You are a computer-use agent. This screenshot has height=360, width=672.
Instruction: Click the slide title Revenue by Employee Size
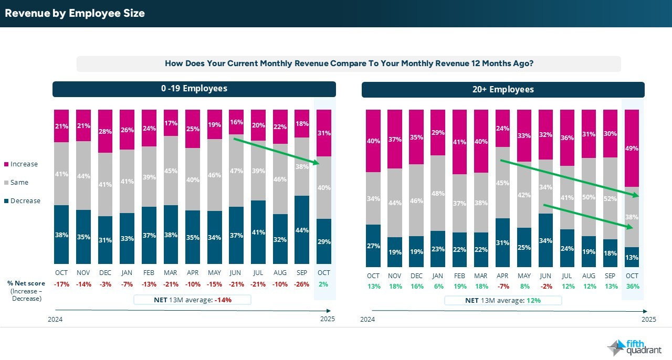[75, 14]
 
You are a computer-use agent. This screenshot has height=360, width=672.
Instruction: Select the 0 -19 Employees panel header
[194, 89]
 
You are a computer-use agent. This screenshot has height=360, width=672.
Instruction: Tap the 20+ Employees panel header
[502, 90]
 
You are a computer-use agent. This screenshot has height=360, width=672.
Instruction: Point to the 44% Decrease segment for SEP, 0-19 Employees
[302, 230]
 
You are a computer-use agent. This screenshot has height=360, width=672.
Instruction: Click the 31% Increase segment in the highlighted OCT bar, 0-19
[324, 133]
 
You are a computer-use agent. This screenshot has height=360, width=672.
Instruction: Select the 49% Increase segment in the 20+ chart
[632, 149]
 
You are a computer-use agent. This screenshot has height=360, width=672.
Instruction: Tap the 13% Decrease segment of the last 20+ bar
[632, 257]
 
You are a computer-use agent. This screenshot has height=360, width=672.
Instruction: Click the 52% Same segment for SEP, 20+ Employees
[610, 199]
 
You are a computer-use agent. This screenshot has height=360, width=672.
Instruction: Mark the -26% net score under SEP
[302, 284]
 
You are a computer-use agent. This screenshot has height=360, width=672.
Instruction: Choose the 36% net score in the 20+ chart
[632, 287]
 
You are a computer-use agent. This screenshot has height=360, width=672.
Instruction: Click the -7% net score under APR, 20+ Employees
[502, 287]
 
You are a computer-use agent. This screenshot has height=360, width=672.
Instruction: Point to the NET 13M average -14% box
[192, 300]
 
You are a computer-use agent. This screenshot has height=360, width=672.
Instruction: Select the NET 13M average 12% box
[502, 301]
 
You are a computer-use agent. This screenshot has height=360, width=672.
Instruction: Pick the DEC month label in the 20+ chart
[416, 276]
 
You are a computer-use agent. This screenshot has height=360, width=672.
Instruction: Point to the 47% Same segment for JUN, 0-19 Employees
[236, 171]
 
